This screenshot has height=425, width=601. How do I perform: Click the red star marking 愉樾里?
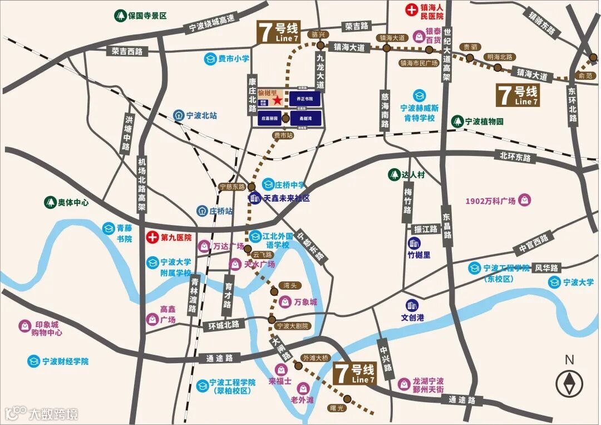[277, 101]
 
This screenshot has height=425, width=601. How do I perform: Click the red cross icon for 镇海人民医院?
[412, 9]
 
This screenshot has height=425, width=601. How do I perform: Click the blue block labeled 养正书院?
[304, 99]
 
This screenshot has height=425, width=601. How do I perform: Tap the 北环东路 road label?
[515, 158]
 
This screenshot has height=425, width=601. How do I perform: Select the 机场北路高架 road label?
[142, 184]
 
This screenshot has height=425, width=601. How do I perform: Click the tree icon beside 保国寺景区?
[120, 16]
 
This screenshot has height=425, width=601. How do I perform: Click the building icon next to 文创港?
[412, 305]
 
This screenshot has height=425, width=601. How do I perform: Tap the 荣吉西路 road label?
[127, 51]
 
